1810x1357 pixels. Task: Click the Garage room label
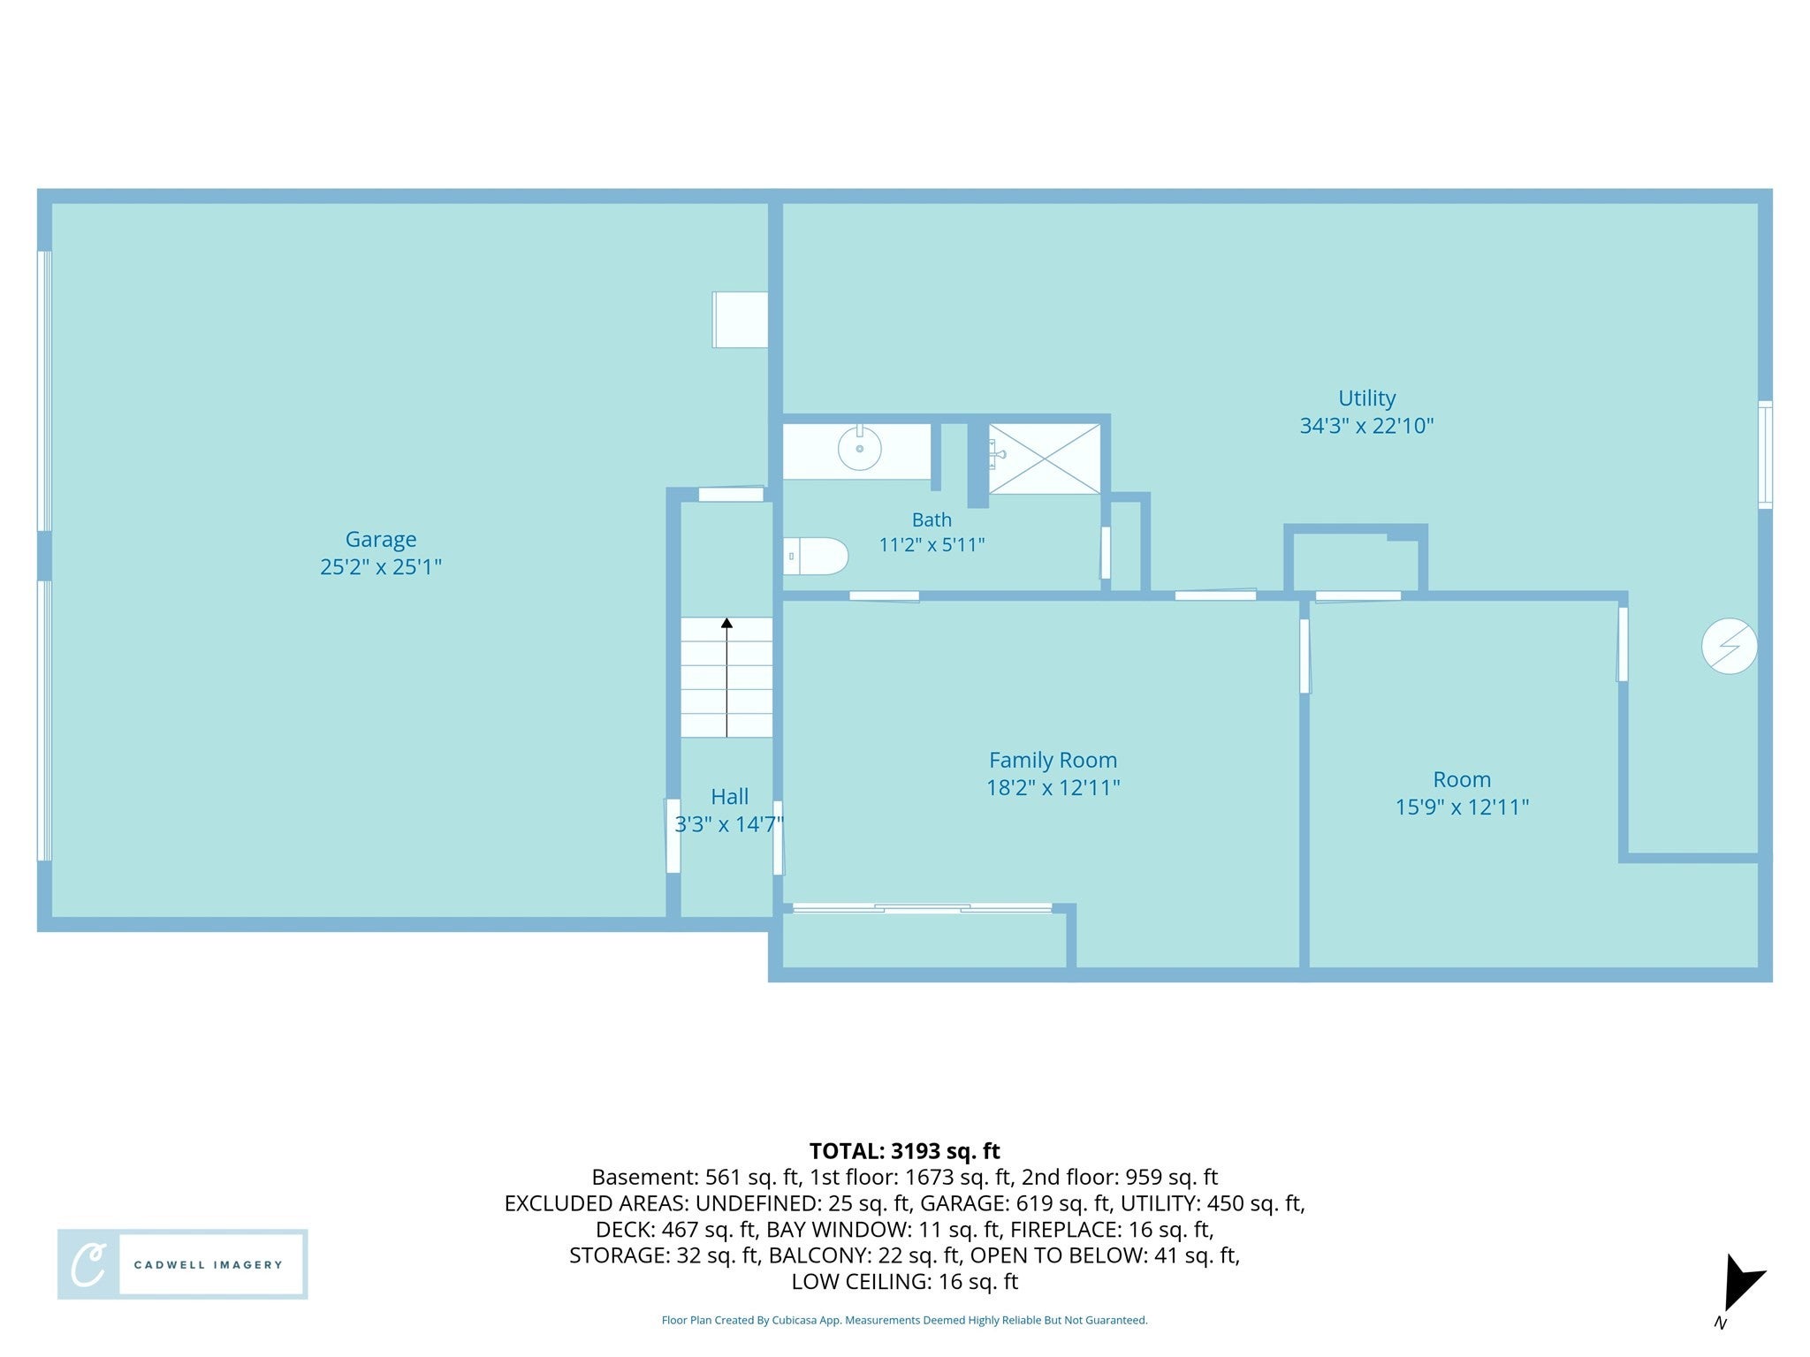click(x=380, y=539)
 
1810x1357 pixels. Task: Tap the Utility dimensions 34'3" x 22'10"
click(x=1366, y=426)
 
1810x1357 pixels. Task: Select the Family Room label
click(x=1053, y=760)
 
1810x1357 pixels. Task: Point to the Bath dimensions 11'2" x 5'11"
click(x=932, y=544)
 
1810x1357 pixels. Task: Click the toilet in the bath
click(x=815, y=557)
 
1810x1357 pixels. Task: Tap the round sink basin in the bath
click(x=859, y=448)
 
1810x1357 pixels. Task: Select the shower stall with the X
click(x=1045, y=459)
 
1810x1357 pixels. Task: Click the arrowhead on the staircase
click(x=726, y=623)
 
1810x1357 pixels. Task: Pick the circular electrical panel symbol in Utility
click(x=1729, y=646)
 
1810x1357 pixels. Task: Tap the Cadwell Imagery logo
click(x=183, y=1263)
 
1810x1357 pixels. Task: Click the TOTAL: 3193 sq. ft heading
click(x=904, y=1151)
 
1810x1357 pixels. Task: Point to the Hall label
click(x=729, y=797)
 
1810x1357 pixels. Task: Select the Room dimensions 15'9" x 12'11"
click(x=1462, y=807)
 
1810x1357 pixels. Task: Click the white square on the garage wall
click(x=740, y=320)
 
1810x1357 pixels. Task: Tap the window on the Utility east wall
click(x=1765, y=454)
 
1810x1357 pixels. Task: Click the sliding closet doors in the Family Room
click(x=922, y=907)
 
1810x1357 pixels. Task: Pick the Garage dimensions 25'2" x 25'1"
click(x=380, y=566)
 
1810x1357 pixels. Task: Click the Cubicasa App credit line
click(x=904, y=1320)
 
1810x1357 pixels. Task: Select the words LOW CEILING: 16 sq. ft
click(x=904, y=1281)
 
